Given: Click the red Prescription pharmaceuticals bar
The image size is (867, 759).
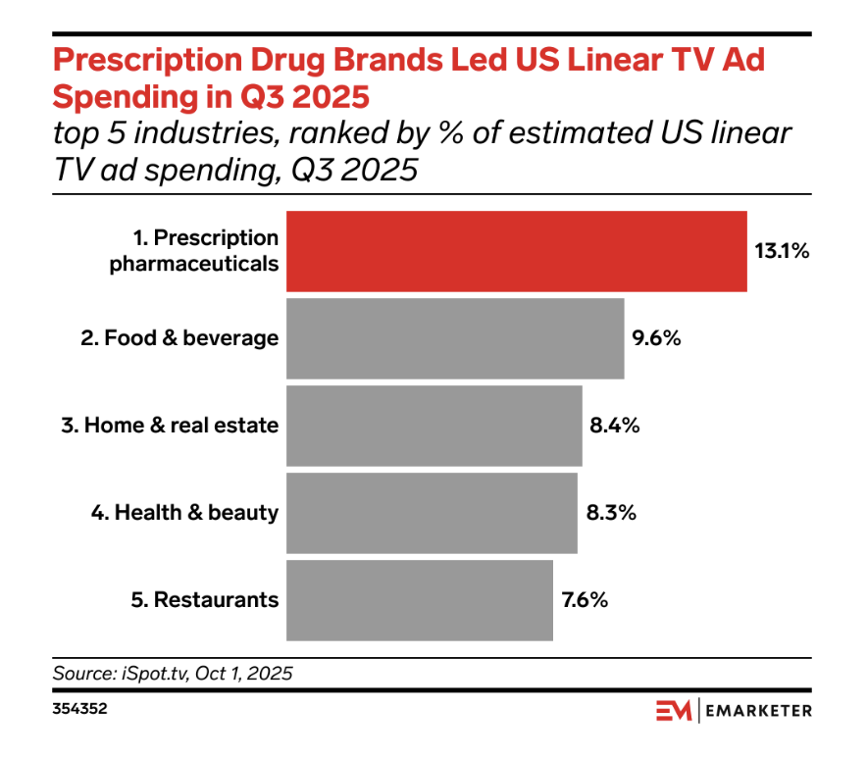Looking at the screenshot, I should coord(516,251).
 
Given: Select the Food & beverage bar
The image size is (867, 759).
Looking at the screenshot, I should coord(455,338).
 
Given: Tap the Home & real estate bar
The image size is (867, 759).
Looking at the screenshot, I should coord(433,426).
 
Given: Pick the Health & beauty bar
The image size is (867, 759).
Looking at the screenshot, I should coord(432,513).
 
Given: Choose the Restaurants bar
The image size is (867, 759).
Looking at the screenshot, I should coord(419,600).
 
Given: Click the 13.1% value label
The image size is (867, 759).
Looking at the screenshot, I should coord(781,251).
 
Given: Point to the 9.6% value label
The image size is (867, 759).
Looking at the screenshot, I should coord(656,338).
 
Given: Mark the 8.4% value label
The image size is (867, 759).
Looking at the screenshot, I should coord(615,426).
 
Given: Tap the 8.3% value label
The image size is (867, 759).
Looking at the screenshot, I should coord(610,513).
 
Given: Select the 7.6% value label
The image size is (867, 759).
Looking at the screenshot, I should coord(586,600).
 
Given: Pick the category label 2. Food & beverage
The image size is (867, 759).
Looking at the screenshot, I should coord(179,338).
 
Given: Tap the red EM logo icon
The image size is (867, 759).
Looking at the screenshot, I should coord(674,710).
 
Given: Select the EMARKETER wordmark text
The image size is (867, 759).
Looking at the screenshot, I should coord(758,710).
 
